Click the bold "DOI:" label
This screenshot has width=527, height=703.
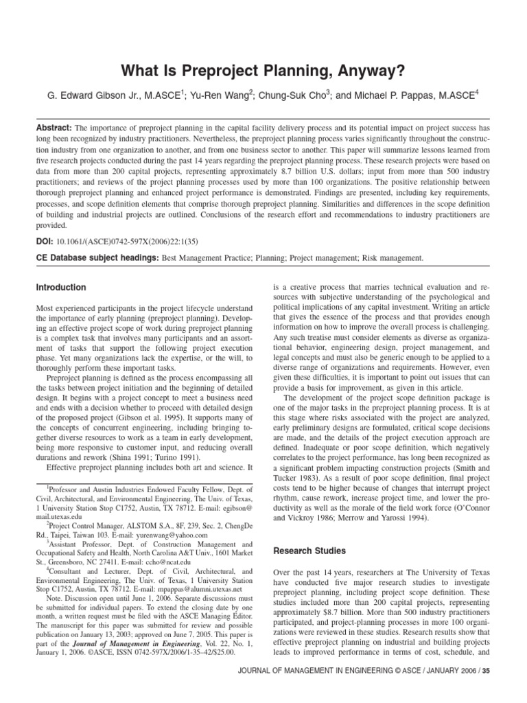point(45,242)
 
